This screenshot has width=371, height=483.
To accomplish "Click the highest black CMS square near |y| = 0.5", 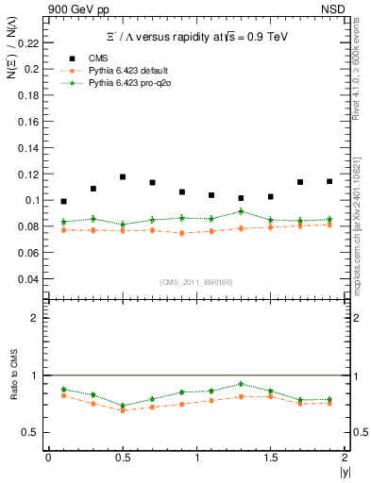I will [x=123, y=176].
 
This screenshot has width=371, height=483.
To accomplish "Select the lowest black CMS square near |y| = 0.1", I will [x=63, y=201].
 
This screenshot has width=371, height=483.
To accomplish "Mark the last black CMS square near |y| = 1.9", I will [x=329, y=181].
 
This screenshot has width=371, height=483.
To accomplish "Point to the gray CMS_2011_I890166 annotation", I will [x=196, y=282].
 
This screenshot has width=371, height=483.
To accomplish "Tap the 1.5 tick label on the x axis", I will [x=270, y=458].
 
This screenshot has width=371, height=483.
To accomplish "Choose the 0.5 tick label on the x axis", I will [x=122, y=458].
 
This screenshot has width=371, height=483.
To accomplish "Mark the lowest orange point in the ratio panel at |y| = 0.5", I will [x=123, y=410].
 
